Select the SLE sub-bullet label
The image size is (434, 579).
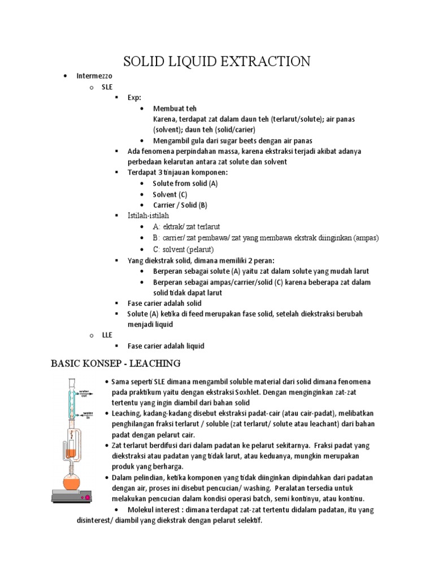pos(107,87)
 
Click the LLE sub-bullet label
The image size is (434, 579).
pos(107,335)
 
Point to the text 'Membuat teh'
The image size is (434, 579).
pos(175,109)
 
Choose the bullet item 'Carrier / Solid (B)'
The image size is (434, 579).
pos(180,205)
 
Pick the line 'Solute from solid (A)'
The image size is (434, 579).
pos(185,184)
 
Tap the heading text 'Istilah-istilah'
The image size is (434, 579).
pos(148,216)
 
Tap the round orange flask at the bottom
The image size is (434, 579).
pos(71,483)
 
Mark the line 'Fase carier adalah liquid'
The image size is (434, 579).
pos(166,346)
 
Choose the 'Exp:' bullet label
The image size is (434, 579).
pos(134,97)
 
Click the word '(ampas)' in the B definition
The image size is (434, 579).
pos(366,238)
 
